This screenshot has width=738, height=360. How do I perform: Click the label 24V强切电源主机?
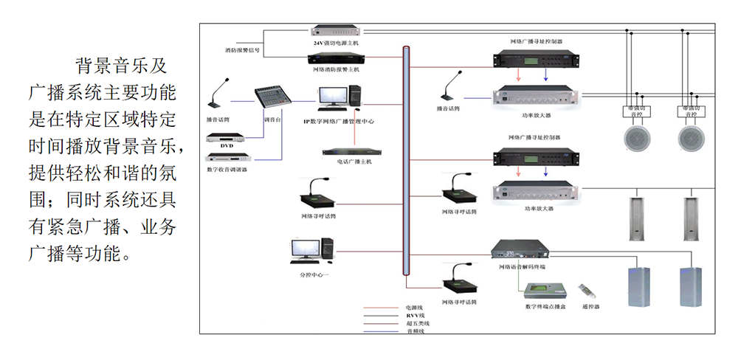tap(336, 44)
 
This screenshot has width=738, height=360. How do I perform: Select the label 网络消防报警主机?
tap(336, 69)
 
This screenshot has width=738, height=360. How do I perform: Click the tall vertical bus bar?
tap(406, 162)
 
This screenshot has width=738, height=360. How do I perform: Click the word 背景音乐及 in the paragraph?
tap(120, 66)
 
